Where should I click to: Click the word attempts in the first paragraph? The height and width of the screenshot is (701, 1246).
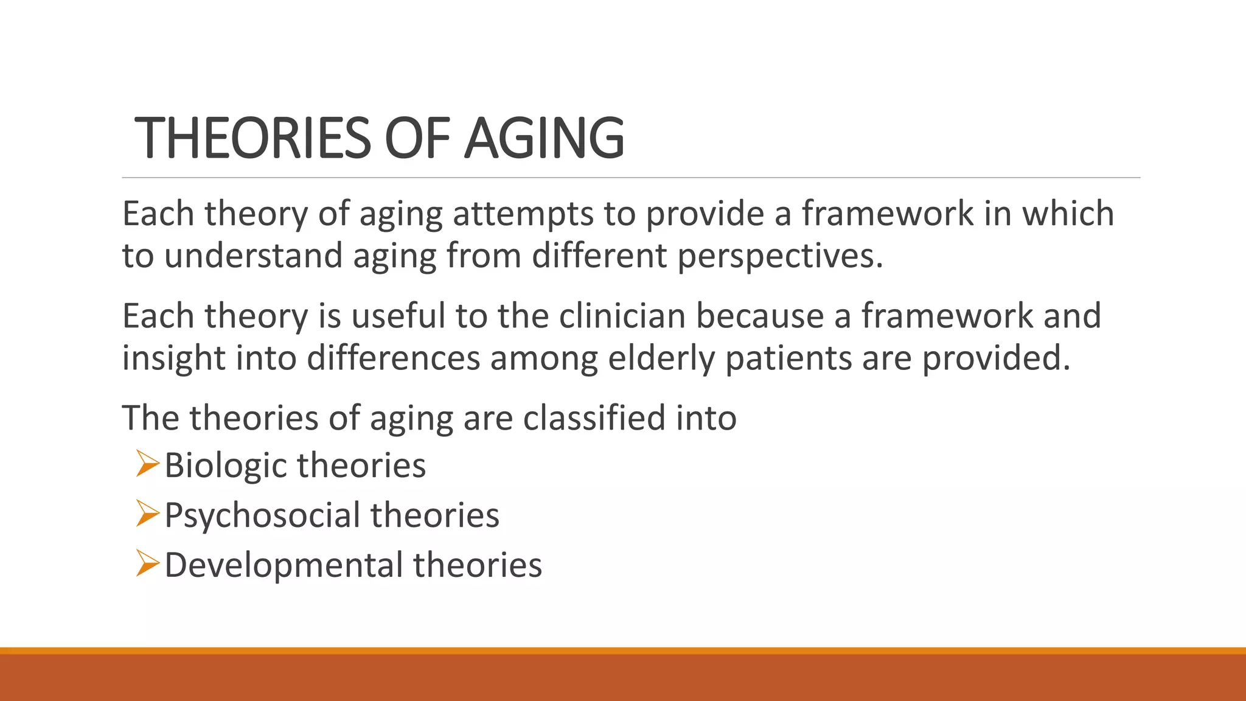click(x=523, y=214)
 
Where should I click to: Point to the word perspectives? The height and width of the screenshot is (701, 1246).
click(x=779, y=256)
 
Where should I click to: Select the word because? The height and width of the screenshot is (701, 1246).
click(x=760, y=316)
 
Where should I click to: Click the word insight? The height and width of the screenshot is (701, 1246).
click(x=174, y=358)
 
